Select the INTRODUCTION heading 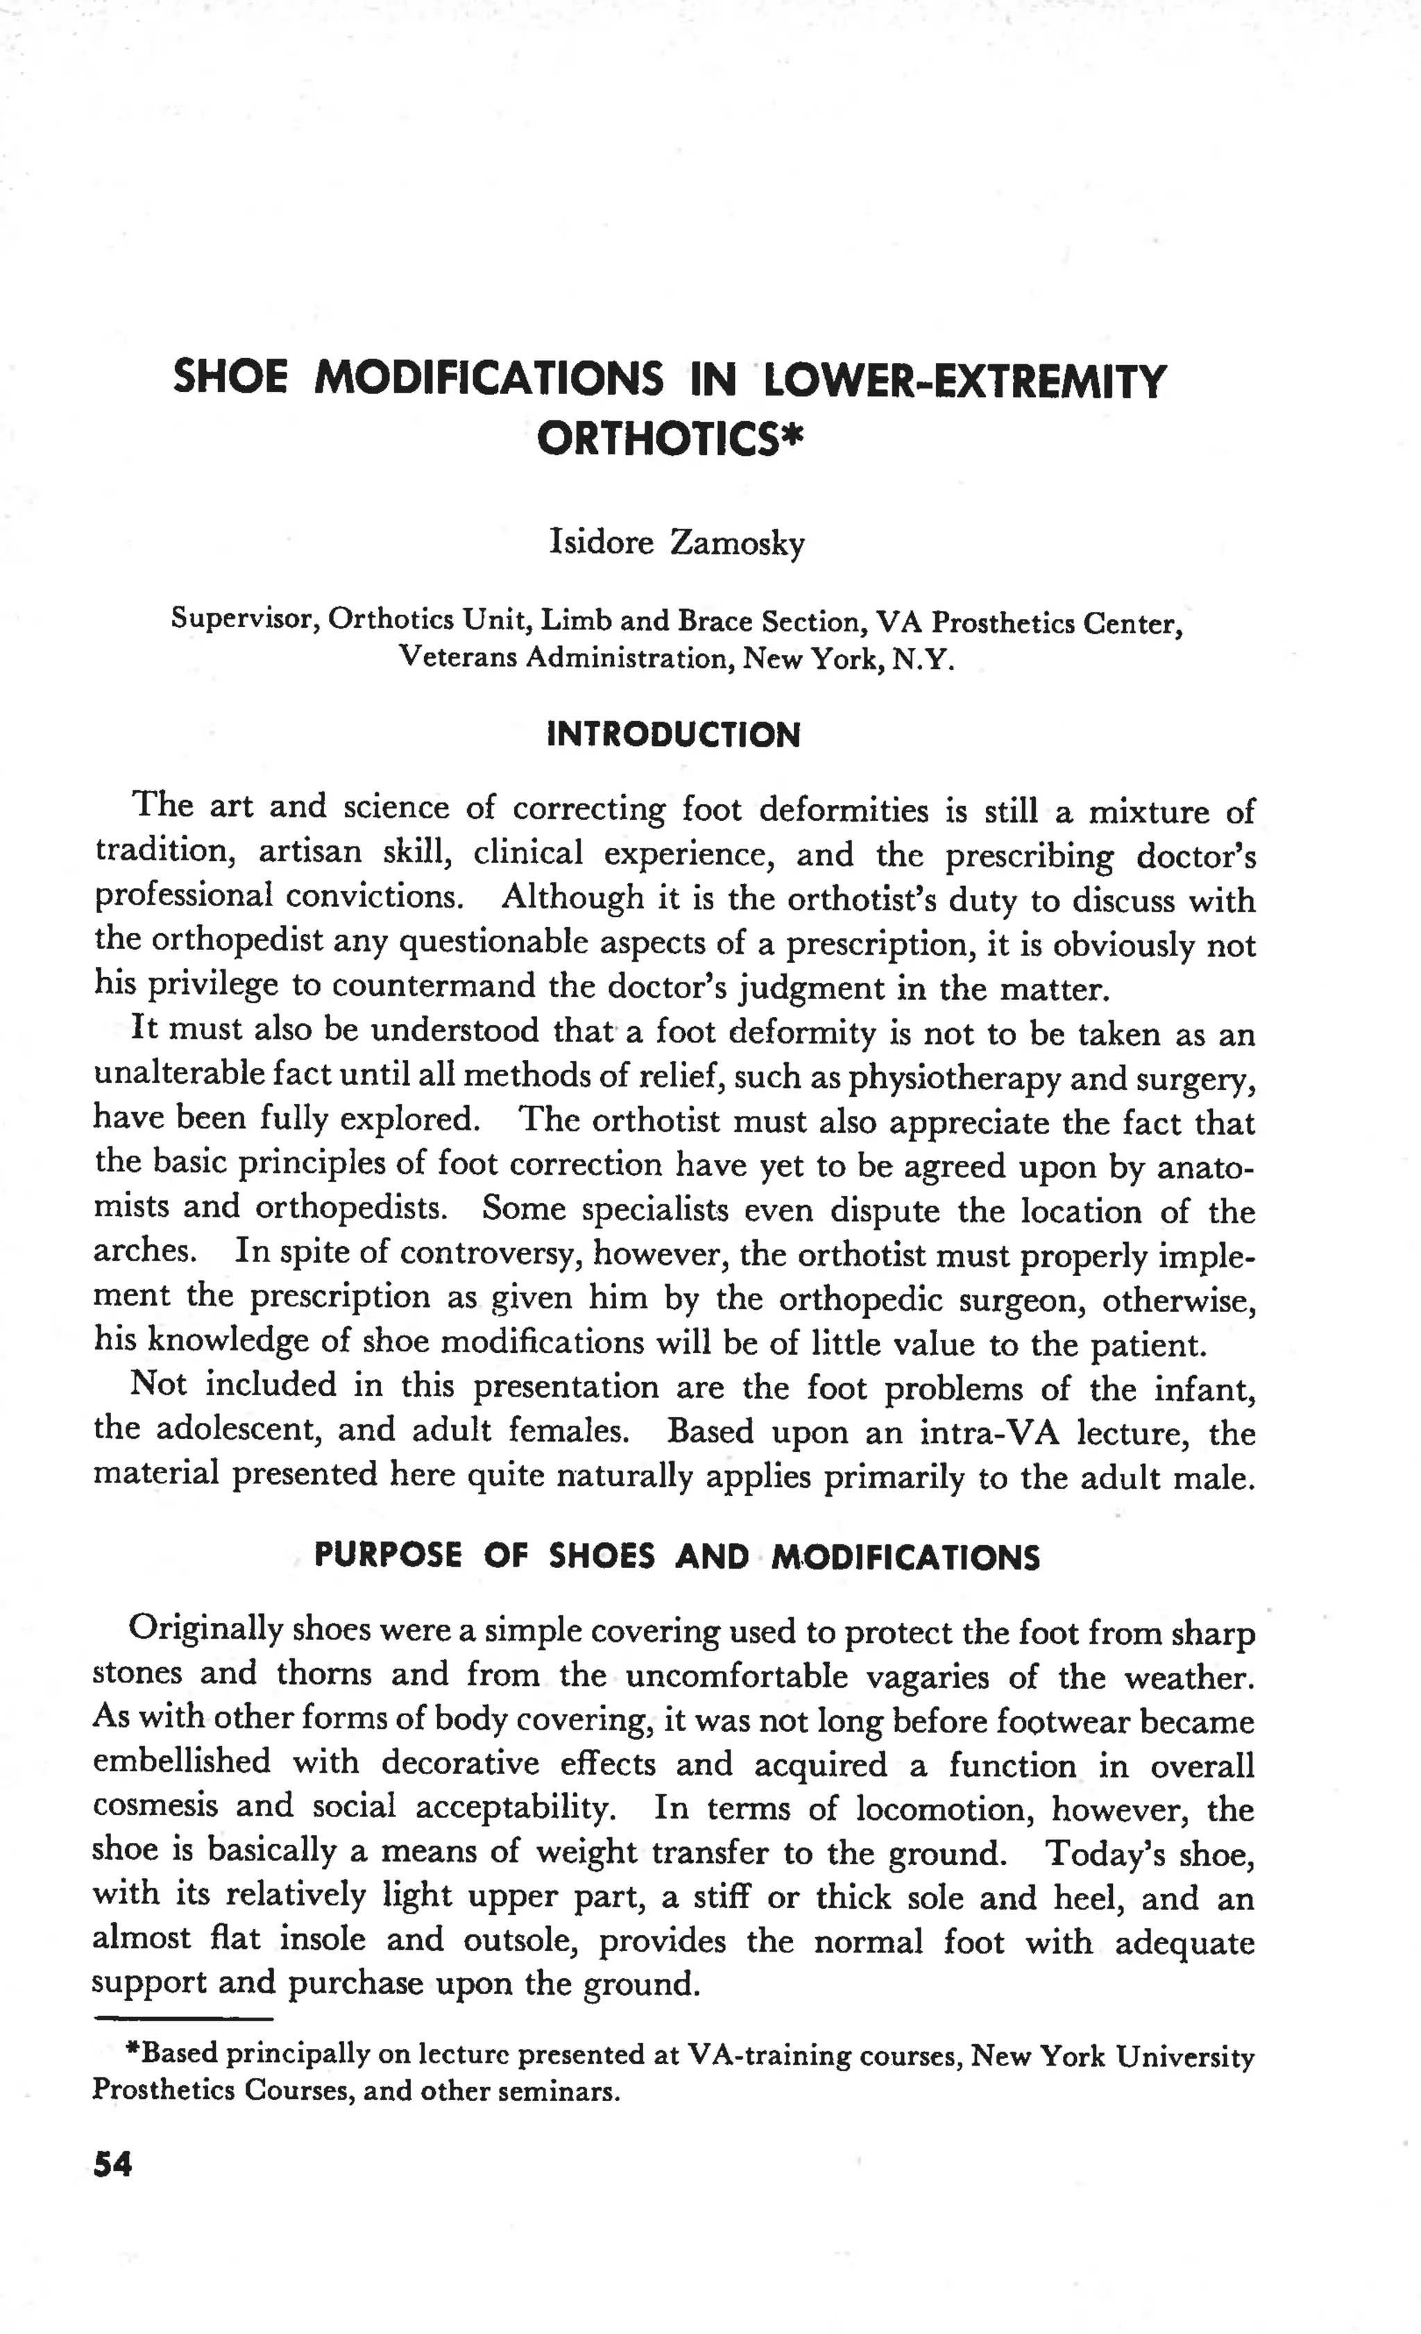point(674,735)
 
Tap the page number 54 point(112,2165)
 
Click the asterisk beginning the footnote point(134,2050)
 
